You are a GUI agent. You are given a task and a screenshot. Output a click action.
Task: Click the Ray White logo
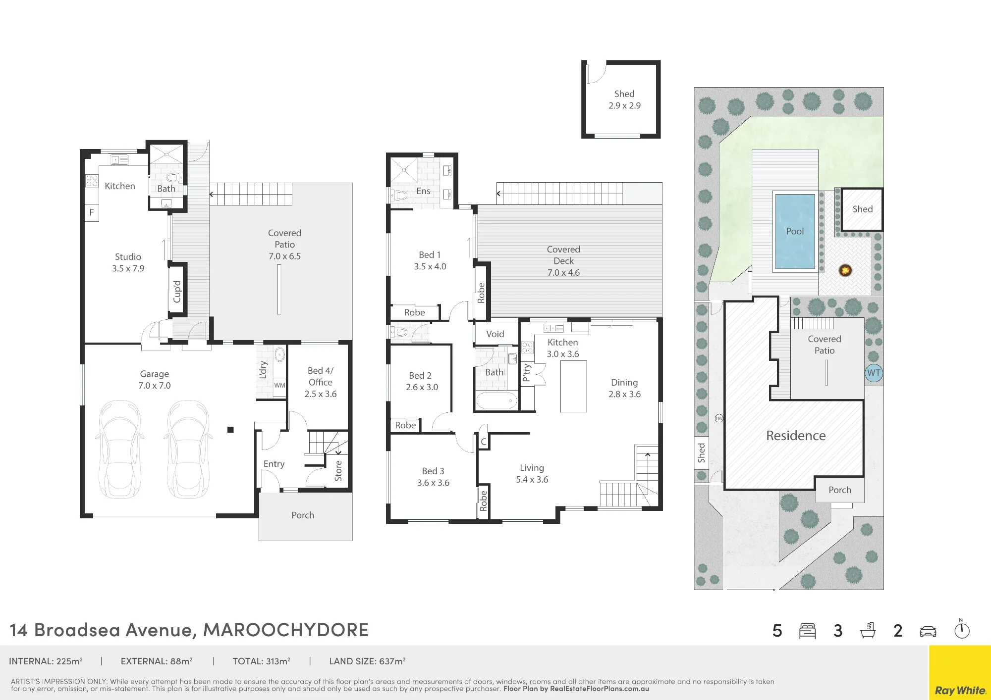point(960,690)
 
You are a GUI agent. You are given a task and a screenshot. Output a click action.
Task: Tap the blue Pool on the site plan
point(795,231)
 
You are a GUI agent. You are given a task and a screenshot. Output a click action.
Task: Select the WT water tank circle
point(874,373)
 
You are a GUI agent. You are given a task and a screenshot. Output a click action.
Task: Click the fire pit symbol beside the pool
point(845,270)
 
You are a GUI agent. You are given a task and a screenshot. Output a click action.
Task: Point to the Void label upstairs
point(495,334)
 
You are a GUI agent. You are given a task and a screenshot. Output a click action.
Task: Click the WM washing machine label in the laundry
point(279,385)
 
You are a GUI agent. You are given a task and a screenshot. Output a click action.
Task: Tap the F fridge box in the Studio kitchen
point(92,212)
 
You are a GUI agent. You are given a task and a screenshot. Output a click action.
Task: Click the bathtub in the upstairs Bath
point(496,400)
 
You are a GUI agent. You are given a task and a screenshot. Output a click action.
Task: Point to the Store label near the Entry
point(338,471)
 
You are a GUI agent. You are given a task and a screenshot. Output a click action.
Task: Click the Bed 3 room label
point(433,471)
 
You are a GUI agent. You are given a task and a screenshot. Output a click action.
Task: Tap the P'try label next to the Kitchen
point(527,373)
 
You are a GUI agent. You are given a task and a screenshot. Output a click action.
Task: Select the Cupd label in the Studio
point(177,292)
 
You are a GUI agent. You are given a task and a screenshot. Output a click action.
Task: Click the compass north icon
point(962,629)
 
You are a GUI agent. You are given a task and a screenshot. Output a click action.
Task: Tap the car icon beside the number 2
point(928,631)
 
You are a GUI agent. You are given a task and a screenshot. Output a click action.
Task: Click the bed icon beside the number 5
point(807,631)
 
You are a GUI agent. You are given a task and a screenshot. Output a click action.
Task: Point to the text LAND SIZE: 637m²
point(368,661)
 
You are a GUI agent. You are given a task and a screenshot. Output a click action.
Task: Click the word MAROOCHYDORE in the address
point(286,630)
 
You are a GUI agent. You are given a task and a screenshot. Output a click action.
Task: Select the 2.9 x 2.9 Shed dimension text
point(624,105)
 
